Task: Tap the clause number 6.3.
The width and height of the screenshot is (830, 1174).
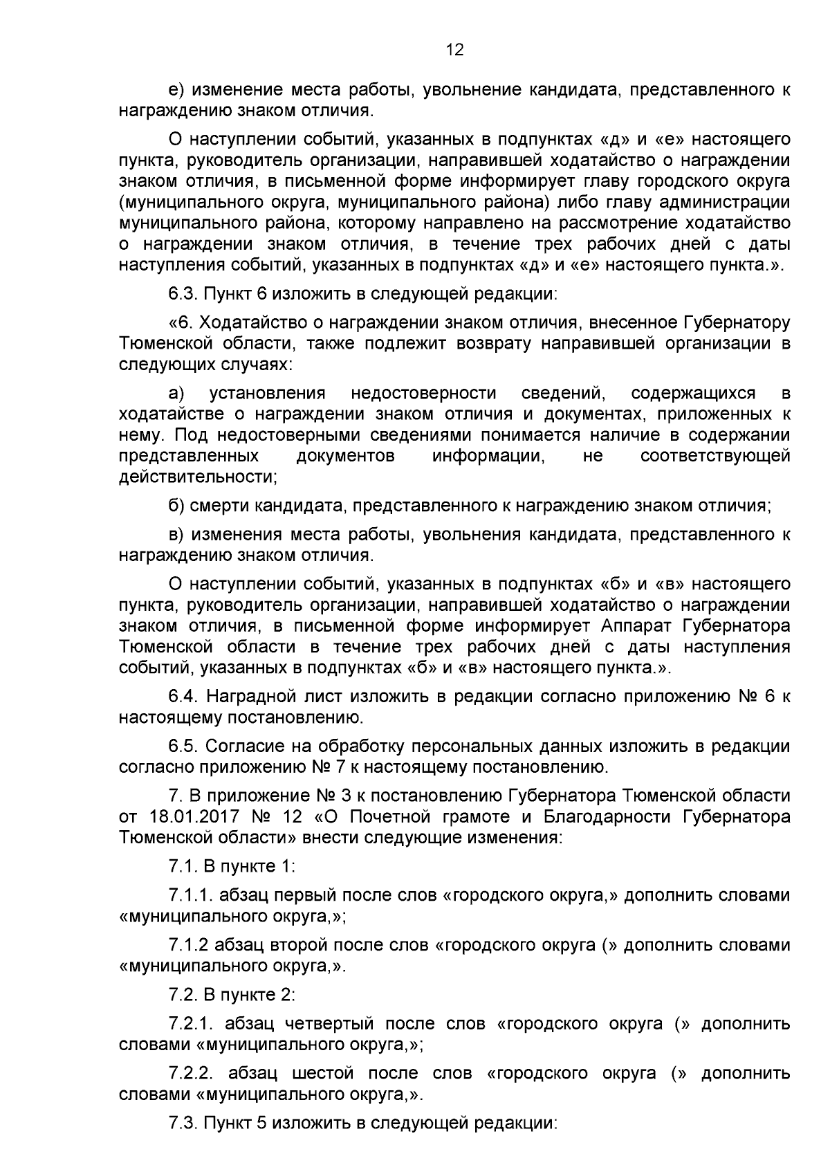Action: point(183,293)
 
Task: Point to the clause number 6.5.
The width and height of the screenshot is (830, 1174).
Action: point(183,746)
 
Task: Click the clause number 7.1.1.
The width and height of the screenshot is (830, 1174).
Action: point(190,895)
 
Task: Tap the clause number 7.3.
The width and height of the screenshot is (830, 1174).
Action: point(183,1123)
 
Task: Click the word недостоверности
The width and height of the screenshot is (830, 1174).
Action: point(423,394)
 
